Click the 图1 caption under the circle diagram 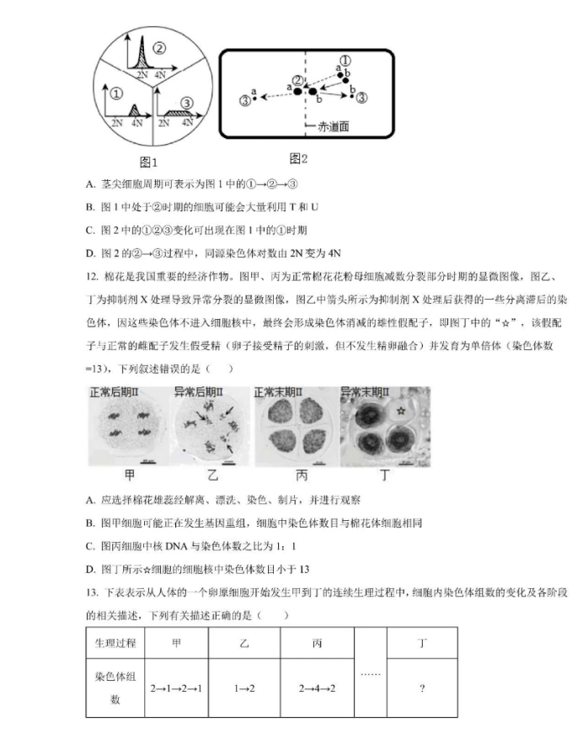click(x=148, y=162)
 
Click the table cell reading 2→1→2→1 click(x=175, y=688)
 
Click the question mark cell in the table click(x=421, y=688)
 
